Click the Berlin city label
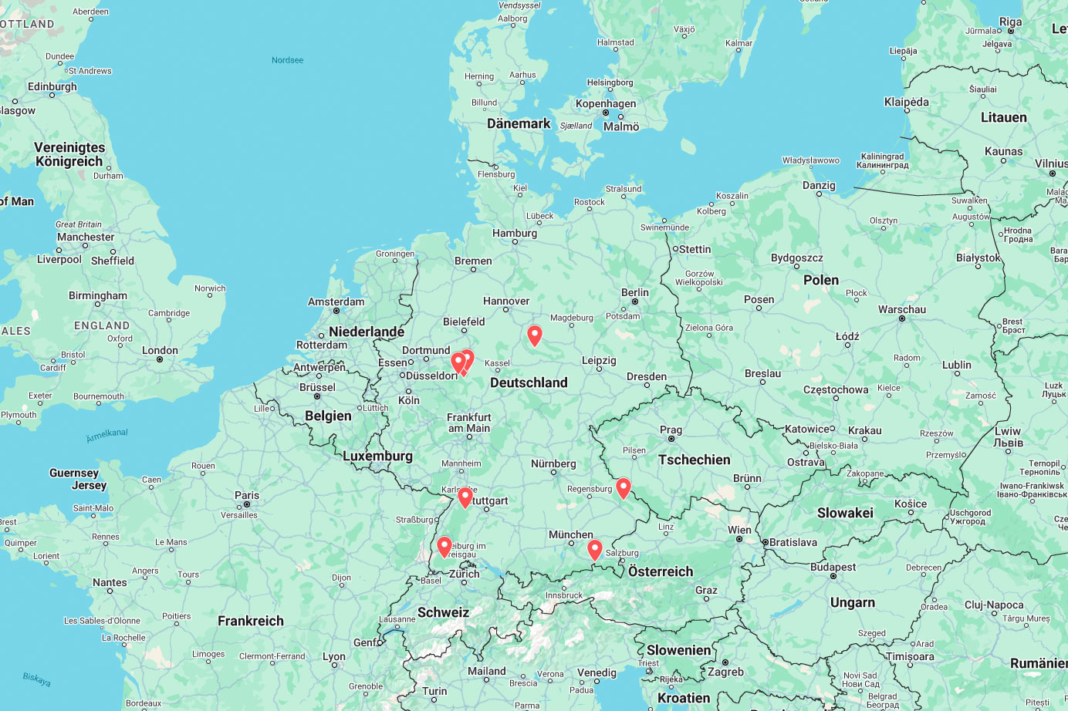635,292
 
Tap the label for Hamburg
515,233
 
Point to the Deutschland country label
529,382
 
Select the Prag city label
671,430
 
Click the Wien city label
739,530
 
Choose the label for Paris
247,495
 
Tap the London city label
160,350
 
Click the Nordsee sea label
287,60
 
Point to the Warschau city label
902,309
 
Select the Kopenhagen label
606,103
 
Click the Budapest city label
833,567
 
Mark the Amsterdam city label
336,302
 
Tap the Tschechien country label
694,460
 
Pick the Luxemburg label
377,456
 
